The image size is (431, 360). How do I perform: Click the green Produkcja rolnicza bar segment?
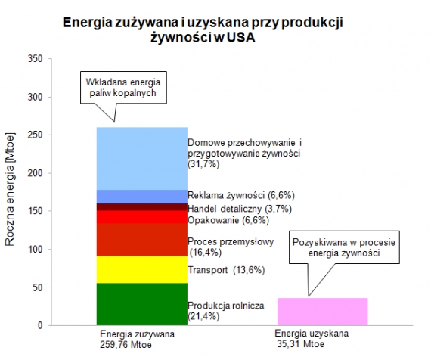[141, 304]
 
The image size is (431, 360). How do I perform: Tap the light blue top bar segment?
[141, 158]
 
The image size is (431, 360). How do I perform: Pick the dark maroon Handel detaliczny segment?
[141, 207]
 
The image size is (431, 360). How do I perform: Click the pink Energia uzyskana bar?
[323, 311]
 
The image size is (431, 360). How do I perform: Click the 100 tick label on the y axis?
[33, 249]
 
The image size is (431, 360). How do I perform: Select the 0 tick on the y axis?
[38, 325]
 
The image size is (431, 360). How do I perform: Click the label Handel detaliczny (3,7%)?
[239, 209]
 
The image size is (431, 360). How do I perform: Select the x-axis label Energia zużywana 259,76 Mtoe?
[138, 338]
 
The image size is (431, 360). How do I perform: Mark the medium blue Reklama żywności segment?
[141, 197]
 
